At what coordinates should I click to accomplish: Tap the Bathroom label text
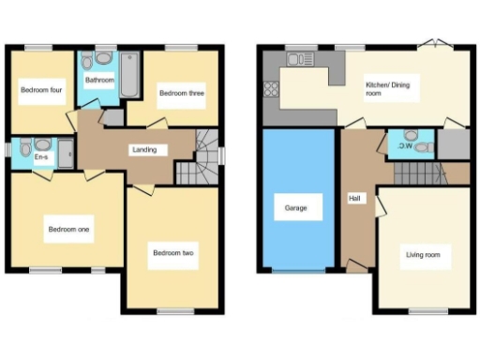click(x=98, y=81)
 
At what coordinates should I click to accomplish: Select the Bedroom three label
click(x=181, y=93)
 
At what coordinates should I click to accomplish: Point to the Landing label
click(x=144, y=149)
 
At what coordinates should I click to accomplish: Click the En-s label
click(x=42, y=157)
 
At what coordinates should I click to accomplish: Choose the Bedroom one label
click(x=68, y=228)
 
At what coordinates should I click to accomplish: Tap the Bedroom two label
click(x=173, y=251)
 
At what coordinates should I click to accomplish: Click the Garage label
click(x=296, y=208)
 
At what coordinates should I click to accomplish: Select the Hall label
click(x=354, y=198)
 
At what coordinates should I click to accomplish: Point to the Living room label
click(x=427, y=254)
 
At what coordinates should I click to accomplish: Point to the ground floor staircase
click(x=417, y=172)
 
